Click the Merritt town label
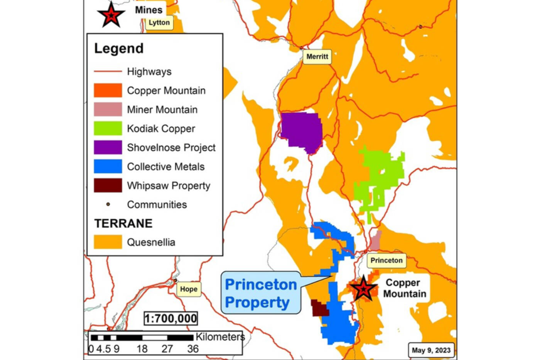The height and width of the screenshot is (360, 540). pos(317,57)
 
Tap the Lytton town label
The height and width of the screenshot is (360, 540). pos(159,23)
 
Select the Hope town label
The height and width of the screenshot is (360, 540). pos(189,289)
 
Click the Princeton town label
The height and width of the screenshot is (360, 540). pos(386,261)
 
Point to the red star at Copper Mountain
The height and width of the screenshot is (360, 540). pos(363,289)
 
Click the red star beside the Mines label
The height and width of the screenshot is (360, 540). pos(111,15)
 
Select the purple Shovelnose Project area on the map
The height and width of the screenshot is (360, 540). pos(302,131)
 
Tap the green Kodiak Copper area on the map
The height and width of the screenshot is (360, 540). pos(380,177)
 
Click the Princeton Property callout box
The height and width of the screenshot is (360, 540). pos(261,293)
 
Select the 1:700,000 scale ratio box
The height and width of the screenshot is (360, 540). pos(170,318)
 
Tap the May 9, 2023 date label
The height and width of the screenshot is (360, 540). pos(431,350)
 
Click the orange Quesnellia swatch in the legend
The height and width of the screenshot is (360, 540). pos(108,242)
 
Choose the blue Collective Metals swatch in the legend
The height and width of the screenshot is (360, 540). pos(108,167)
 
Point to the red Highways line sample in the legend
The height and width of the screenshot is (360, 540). pos(108,71)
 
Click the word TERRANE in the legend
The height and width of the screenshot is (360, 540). pos(123,224)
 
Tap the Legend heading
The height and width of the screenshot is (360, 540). pos(119,49)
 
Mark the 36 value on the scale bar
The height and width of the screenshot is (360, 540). pos(193,349)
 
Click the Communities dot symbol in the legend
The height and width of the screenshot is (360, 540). pos(108,204)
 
